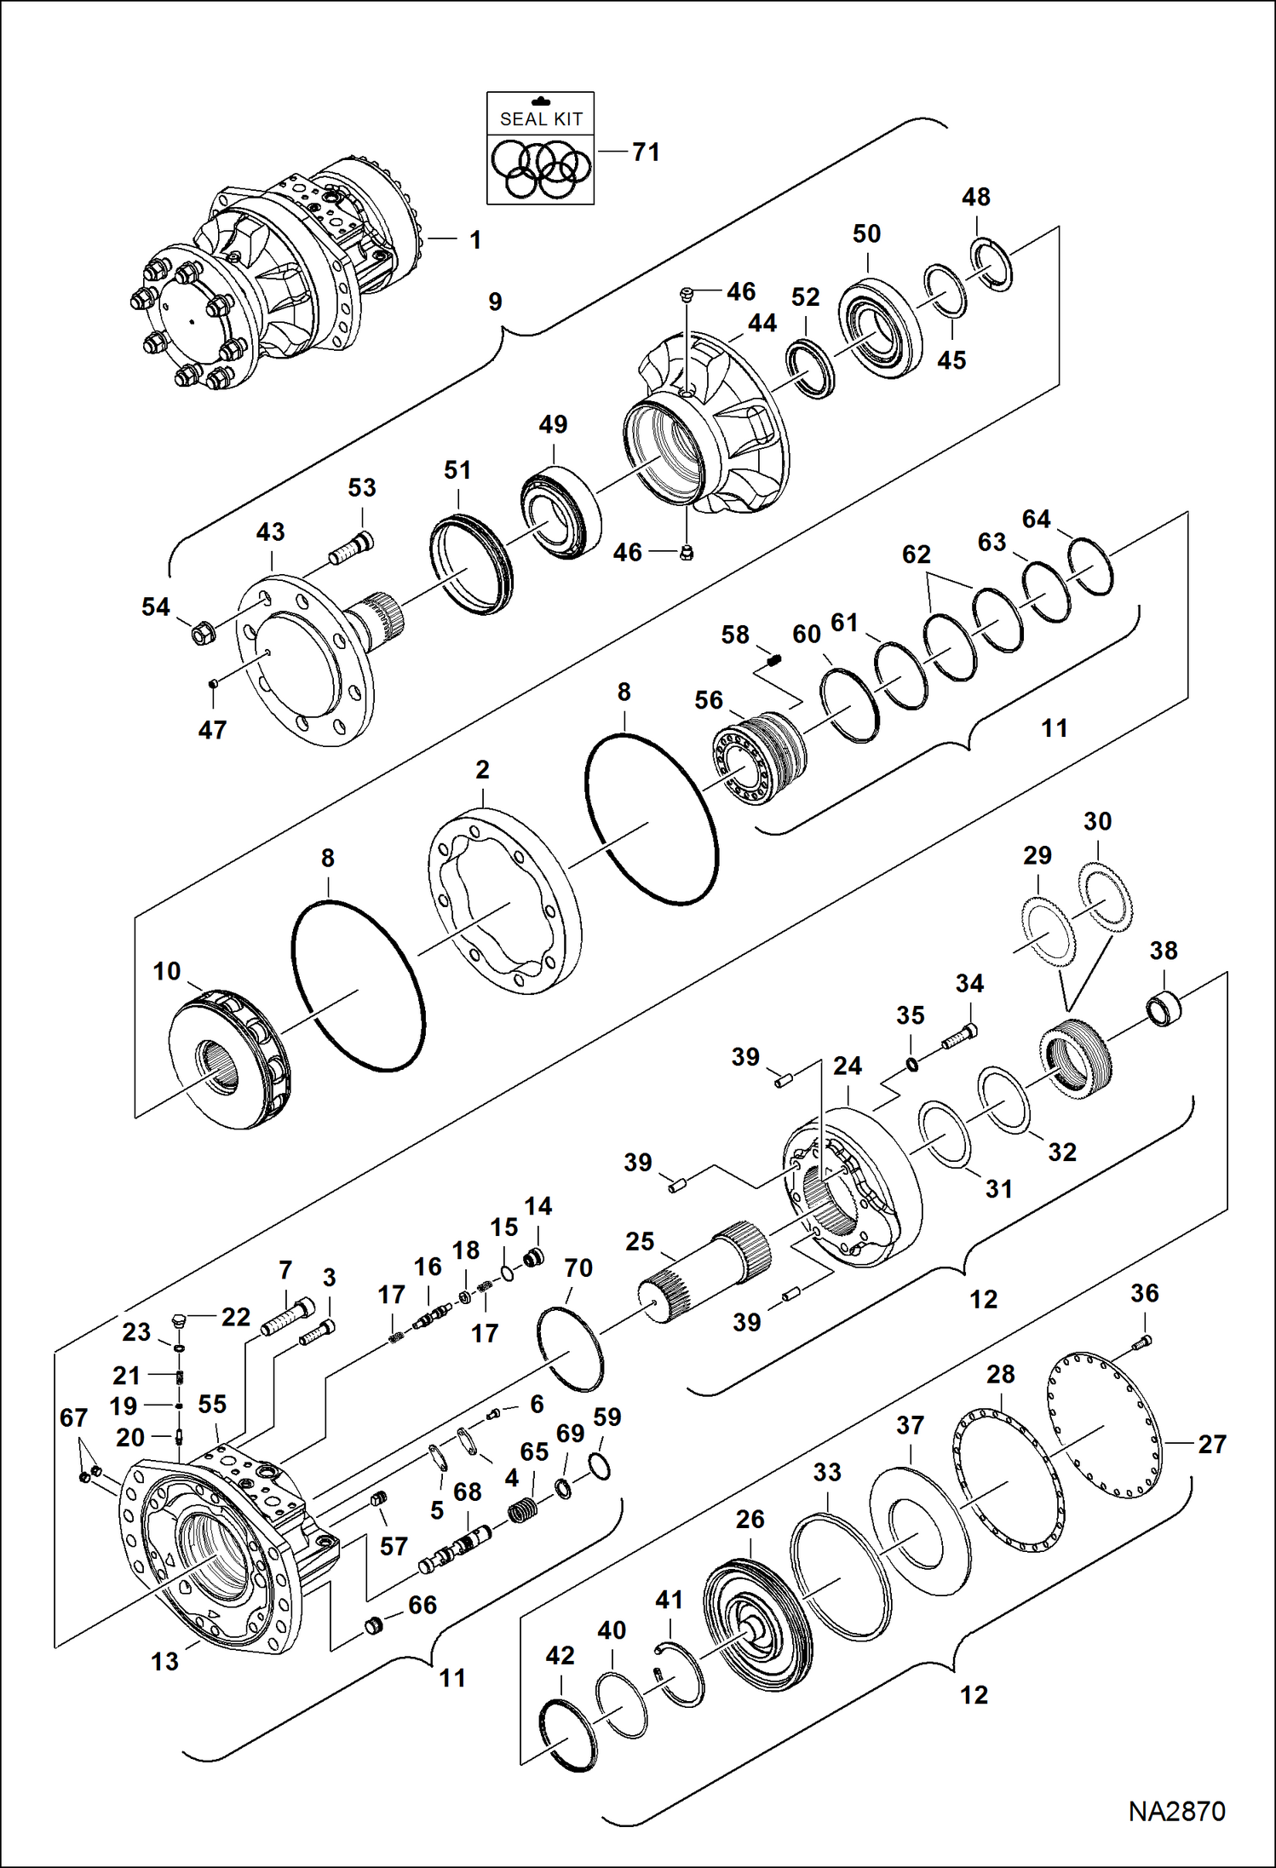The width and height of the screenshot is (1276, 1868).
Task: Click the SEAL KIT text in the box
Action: (541, 119)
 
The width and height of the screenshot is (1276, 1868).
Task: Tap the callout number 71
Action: (646, 152)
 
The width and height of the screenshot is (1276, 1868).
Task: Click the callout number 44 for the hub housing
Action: (762, 324)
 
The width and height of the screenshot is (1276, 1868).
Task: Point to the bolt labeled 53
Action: (352, 549)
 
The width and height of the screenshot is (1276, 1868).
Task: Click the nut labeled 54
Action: (202, 633)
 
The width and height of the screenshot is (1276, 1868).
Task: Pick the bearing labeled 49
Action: (560, 513)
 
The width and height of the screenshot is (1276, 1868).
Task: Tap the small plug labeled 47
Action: (215, 682)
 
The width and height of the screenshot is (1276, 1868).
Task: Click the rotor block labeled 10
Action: (230, 1056)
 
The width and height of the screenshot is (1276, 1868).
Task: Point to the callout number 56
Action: (708, 700)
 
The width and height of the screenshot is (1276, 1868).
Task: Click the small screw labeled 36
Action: (1143, 1343)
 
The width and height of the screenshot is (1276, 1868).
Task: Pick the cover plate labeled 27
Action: (1104, 1423)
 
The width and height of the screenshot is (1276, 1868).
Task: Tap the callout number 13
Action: (164, 1662)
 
